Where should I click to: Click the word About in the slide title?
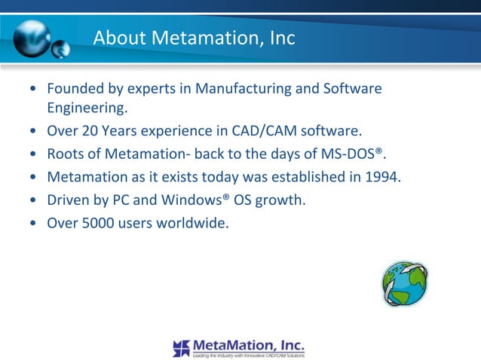[118, 38]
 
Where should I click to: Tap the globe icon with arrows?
[404, 284]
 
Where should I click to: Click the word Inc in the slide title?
[283, 38]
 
